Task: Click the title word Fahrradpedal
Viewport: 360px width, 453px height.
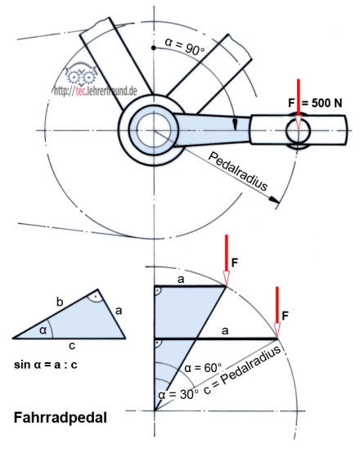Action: [61, 418]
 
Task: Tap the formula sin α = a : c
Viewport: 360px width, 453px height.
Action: [46, 365]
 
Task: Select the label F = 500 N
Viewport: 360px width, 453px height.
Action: [315, 103]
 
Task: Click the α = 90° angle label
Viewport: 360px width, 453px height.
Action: [185, 47]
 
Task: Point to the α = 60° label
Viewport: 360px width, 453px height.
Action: [203, 368]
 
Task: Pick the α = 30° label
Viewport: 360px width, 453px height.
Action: [178, 394]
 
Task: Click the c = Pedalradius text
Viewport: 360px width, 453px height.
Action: [242, 370]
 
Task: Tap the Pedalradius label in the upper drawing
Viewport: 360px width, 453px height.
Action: [238, 171]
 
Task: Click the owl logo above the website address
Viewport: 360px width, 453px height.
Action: [81, 74]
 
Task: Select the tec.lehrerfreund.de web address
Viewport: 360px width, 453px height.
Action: [96, 91]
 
